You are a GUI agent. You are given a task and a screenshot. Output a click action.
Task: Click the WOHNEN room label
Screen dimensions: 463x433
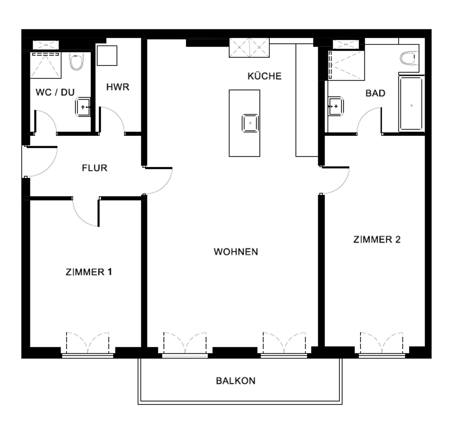[235, 252]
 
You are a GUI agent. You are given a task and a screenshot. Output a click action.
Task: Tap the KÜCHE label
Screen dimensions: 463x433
[264, 76]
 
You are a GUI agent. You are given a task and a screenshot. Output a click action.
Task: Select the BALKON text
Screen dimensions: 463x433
[235, 381]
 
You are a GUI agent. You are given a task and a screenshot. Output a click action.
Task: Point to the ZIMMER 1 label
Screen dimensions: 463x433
[88, 272]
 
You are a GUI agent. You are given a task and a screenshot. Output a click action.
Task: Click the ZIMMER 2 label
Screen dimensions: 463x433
[377, 239]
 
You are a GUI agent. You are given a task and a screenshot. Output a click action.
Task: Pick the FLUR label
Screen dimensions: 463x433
[95, 168]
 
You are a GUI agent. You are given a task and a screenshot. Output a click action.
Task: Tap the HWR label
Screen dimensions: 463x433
[118, 87]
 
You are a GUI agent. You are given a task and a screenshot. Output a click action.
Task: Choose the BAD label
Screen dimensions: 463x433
[375, 93]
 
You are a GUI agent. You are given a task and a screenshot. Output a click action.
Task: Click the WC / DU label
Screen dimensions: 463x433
[55, 92]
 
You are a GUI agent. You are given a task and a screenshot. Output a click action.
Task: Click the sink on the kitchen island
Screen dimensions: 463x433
[250, 123]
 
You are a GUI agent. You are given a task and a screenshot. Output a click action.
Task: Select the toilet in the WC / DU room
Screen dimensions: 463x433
[77, 61]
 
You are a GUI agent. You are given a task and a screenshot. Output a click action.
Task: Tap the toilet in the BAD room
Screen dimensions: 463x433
[409, 58]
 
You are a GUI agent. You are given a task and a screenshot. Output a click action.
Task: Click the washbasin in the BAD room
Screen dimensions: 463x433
[335, 106]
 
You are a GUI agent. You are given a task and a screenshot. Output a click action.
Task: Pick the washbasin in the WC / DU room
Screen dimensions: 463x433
[83, 107]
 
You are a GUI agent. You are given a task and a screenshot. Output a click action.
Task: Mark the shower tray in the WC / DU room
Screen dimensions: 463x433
[46, 66]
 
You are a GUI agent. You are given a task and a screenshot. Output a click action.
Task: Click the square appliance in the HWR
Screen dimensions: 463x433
[107, 55]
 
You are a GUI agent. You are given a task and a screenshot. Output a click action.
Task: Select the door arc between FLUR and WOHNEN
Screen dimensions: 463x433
[164, 186]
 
